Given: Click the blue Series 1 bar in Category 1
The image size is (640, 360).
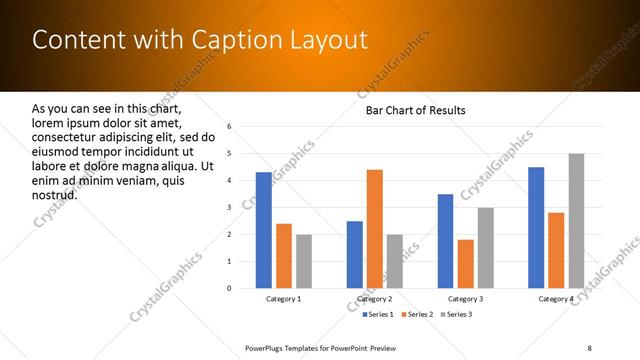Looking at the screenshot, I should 263,230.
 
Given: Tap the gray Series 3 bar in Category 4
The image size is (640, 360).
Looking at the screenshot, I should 576,221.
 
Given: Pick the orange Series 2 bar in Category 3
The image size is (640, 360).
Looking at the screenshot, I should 466,264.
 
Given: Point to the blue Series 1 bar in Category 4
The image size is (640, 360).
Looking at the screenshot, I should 536,228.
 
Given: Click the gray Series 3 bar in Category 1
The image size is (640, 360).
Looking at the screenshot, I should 303,261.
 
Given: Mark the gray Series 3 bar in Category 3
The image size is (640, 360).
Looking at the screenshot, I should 486,248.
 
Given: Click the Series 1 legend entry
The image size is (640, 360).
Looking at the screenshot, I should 378,314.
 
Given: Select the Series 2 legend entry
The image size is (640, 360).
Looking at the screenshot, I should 417,314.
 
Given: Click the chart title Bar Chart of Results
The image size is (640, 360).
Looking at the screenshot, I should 416,110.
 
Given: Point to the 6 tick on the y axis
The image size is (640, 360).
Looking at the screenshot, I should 230,127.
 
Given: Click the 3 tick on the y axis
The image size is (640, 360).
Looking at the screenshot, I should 230,207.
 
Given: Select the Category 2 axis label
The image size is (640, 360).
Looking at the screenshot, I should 374,299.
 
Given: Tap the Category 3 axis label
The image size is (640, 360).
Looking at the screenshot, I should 465,299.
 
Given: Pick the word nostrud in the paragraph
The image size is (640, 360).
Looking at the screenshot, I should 55,194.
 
